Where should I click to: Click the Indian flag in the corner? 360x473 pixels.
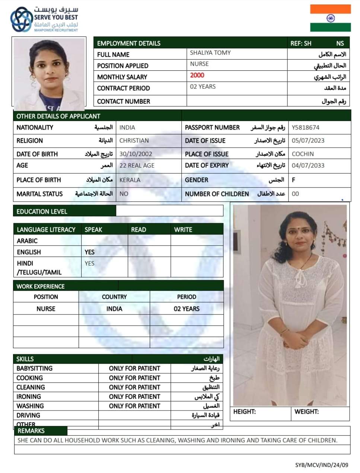330,18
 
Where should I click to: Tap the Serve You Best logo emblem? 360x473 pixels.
21,19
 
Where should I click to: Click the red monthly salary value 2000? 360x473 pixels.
197,75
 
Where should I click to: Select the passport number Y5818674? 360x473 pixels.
305,127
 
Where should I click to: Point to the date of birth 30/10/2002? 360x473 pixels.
136,154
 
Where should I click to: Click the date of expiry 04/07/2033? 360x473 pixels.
308,165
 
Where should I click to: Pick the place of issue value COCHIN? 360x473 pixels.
303,154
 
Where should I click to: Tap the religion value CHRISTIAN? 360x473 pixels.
134,140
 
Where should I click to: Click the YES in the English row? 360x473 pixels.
89,252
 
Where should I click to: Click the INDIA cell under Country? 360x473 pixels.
114,309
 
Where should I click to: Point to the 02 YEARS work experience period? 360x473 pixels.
187,309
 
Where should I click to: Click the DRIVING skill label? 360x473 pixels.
28,415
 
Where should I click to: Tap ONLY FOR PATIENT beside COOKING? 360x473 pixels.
134,378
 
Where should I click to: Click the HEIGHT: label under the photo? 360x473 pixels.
244,412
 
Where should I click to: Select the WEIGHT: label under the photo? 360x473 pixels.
306,412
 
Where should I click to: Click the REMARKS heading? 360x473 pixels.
31,431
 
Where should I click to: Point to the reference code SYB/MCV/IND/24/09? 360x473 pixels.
322,465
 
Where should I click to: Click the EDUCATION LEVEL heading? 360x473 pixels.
42,211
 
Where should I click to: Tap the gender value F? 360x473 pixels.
293,180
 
